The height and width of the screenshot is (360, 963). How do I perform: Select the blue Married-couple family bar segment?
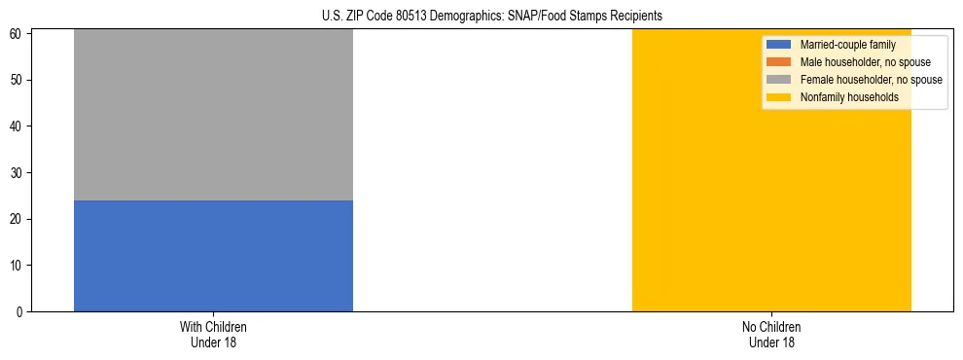tap(213, 255)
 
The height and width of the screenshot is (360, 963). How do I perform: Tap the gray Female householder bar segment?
tap(213, 115)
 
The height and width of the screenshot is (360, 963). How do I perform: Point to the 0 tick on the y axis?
tap(21, 311)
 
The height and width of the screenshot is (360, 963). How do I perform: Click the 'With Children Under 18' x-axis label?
tap(213, 334)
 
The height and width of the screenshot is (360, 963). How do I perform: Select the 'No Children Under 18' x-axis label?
tap(771, 334)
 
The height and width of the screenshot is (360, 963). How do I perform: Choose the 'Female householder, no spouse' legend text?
tap(871, 80)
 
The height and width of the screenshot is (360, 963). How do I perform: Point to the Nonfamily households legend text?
tap(849, 97)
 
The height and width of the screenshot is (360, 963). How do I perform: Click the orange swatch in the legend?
tap(779, 62)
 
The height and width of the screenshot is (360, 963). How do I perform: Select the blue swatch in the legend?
tap(779, 45)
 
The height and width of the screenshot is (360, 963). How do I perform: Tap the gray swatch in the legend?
tap(779, 80)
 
